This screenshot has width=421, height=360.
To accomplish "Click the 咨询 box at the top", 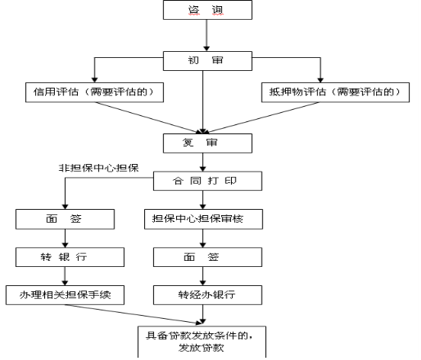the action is pyautogui.click(x=207, y=10).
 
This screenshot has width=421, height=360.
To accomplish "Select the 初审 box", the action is pyautogui.click(x=207, y=61).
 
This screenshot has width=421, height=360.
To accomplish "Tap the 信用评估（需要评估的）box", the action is pyautogui.click(x=95, y=92).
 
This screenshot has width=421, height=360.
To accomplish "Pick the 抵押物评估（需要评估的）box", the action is pyautogui.click(x=336, y=92).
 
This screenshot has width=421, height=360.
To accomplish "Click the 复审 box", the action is pyautogui.click(x=207, y=143).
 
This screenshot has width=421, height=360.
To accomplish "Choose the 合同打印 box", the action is pyautogui.click(x=207, y=181).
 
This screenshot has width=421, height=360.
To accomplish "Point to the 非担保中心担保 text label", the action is pyautogui.click(x=99, y=168).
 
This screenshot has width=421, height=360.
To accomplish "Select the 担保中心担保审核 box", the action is pyautogui.click(x=204, y=219).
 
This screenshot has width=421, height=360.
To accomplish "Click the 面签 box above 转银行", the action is pyautogui.click(x=65, y=219).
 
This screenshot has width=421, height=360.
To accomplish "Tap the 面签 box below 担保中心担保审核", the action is pyautogui.click(x=207, y=257).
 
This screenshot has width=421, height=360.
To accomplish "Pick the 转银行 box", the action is pyautogui.click(x=70, y=257).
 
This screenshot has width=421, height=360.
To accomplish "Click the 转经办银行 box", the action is pyautogui.click(x=207, y=294).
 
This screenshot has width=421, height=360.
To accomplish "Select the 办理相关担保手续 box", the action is pyautogui.click(x=65, y=294).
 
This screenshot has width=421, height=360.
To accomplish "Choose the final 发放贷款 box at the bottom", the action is pyautogui.click(x=202, y=342).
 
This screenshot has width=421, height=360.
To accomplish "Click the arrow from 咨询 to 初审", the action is pyautogui.click(x=207, y=35).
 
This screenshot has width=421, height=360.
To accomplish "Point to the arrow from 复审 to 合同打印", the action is pyautogui.click(x=203, y=162).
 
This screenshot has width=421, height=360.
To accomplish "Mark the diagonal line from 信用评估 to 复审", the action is pyautogui.click(x=149, y=117).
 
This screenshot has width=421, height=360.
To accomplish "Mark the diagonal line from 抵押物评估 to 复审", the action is pyautogui.click(x=262, y=117).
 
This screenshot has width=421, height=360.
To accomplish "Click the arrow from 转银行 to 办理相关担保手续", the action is pyautogui.click(x=65, y=276).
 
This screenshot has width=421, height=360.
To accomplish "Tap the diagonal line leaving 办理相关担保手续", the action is pyautogui.click(x=133, y=313).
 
